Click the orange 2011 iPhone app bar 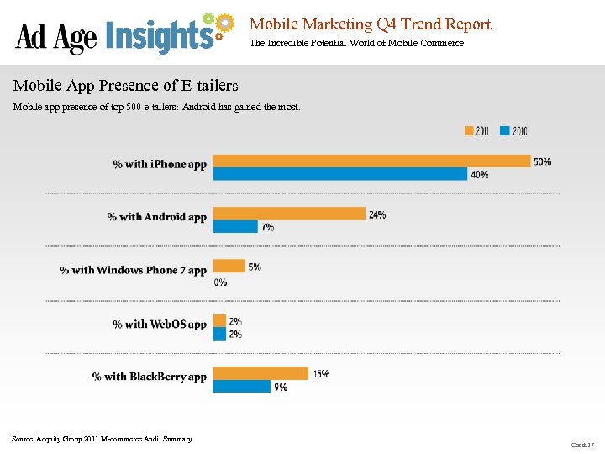pyautogui.click(x=371, y=161)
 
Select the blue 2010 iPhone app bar pyautogui.click(x=339, y=174)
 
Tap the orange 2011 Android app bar pyautogui.click(x=289, y=214)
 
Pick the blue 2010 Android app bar pyautogui.click(x=235, y=226)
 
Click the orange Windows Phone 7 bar pyautogui.click(x=229, y=267)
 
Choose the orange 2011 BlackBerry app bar pyautogui.click(x=260, y=373)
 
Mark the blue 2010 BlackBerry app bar pyautogui.click(x=241, y=386)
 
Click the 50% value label pyautogui.click(x=542, y=161)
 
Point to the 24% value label pyautogui.click(x=377, y=214)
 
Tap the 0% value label pyautogui.click(x=220, y=282)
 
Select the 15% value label pyautogui.click(x=321, y=374)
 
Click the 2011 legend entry pyautogui.click(x=477, y=131)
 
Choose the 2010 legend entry pyautogui.click(x=513, y=131)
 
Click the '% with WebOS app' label pyautogui.click(x=160, y=324)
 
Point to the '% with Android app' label pyautogui.click(x=157, y=217)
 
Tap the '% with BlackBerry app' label pyautogui.click(x=150, y=377)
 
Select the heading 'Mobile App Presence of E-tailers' pyautogui.click(x=126, y=86)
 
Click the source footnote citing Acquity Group pyautogui.click(x=102, y=439)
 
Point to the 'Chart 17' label pyautogui.click(x=582, y=444)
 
